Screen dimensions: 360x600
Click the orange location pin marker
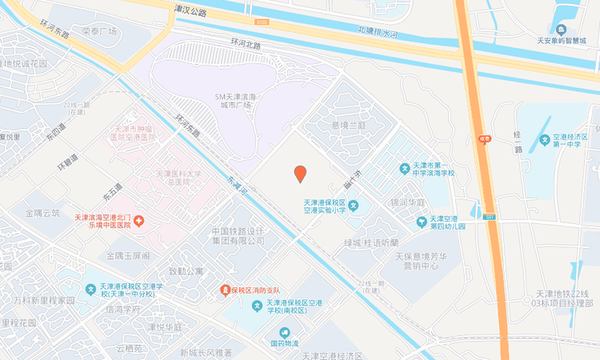pyautogui.click(x=300, y=173)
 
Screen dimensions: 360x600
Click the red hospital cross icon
pyautogui.click(x=138, y=220)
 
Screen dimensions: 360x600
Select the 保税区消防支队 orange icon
pyautogui.click(x=226, y=289)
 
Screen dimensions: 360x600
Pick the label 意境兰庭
pyautogui.click(x=348, y=126)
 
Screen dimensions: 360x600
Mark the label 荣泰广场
pyautogui.click(x=99, y=30)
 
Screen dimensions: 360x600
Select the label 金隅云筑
pyautogui.click(x=42, y=213)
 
